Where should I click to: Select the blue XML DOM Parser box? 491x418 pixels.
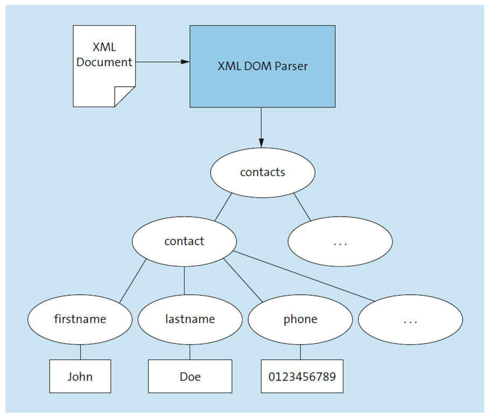click(262, 66)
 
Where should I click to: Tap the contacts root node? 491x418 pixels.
click(262, 172)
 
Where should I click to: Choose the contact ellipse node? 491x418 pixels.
click(184, 241)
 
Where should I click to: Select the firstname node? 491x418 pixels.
click(80, 319)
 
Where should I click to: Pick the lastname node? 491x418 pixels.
click(190, 319)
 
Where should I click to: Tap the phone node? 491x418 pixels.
click(300, 319)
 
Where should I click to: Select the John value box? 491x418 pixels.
click(80, 376)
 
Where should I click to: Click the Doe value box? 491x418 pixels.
click(190, 376)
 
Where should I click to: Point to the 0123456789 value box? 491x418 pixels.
click(301, 376)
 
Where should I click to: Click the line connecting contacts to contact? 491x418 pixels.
click(223, 207)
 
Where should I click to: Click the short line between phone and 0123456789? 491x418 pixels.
click(300, 352)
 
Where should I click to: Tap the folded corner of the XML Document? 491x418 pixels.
click(125, 97)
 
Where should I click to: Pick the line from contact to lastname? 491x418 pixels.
click(184, 280)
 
